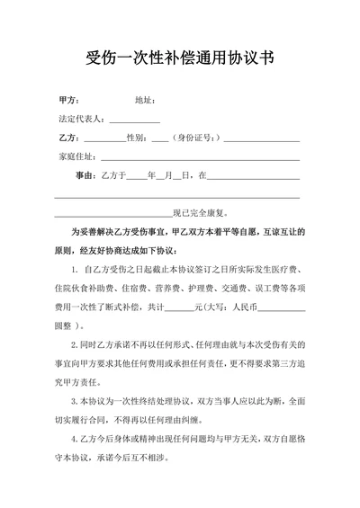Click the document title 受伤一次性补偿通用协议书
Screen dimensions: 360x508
(x=180, y=60)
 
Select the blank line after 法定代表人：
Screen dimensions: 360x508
(x=135, y=120)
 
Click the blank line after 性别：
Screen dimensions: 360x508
(x=160, y=139)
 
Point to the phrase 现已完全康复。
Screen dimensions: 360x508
(x=203, y=213)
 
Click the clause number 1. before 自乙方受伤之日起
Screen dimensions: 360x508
(x=73, y=270)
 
